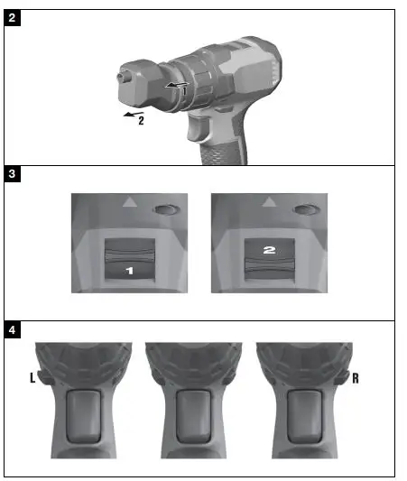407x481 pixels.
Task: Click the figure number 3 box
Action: (13, 175)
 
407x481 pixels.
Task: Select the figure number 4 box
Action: (13, 329)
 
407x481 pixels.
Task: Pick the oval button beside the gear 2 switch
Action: (305, 209)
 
